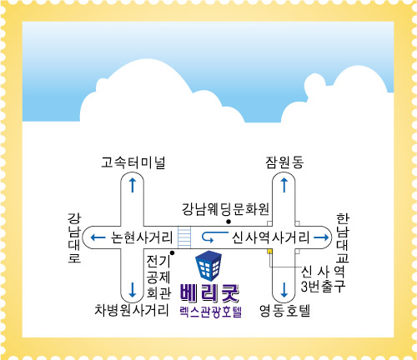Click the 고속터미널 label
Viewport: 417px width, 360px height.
click(x=133, y=162)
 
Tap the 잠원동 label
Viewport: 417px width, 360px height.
click(x=284, y=162)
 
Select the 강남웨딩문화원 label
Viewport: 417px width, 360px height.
click(x=225, y=209)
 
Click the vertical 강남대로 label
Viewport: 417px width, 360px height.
click(x=74, y=238)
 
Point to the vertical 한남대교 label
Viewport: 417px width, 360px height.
click(x=343, y=238)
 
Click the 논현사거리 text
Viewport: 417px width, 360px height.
click(x=142, y=237)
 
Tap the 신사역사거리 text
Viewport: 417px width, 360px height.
click(x=271, y=237)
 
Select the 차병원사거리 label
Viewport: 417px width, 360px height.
click(x=132, y=310)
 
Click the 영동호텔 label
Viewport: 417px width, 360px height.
click(x=284, y=311)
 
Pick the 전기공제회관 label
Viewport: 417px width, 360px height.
click(x=158, y=277)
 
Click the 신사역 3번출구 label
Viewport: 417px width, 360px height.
click(x=323, y=279)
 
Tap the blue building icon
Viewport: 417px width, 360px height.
click(x=208, y=266)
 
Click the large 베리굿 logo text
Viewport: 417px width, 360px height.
click(x=209, y=293)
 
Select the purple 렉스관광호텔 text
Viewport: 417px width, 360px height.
click(x=211, y=312)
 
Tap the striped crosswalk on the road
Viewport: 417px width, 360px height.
click(x=184, y=237)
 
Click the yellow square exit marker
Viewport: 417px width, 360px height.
click(x=269, y=252)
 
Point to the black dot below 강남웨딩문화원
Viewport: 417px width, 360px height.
click(x=229, y=222)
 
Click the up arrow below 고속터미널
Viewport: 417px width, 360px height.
click(x=133, y=185)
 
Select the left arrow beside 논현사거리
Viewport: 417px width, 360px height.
click(x=98, y=237)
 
